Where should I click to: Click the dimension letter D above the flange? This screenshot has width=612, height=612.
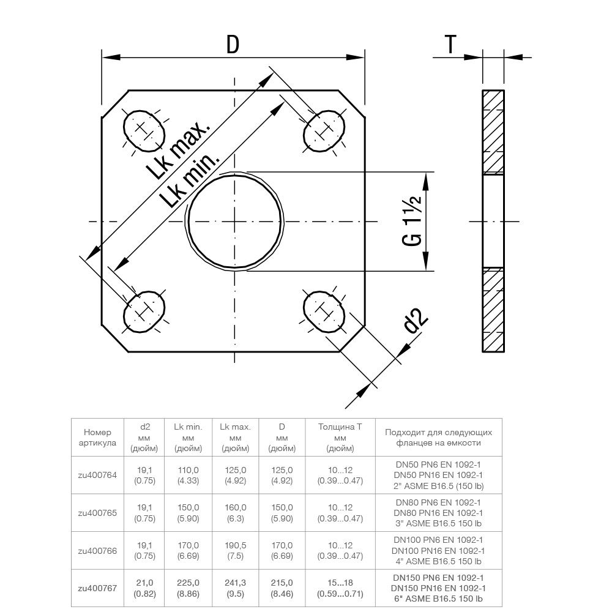(233, 45)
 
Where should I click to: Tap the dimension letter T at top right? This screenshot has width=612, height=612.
(450, 45)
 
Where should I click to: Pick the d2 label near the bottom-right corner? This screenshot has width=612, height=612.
(416, 321)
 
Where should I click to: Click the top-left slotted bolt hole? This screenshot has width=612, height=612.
(144, 129)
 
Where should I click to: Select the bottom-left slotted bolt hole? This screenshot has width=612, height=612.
(144, 313)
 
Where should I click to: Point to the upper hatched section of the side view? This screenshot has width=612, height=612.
(493, 132)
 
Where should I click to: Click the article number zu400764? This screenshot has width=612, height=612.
(97, 475)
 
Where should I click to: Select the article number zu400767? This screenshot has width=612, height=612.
(97, 588)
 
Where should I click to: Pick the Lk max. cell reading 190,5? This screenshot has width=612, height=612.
(235, 550)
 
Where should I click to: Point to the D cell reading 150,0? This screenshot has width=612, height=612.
(282, 507)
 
